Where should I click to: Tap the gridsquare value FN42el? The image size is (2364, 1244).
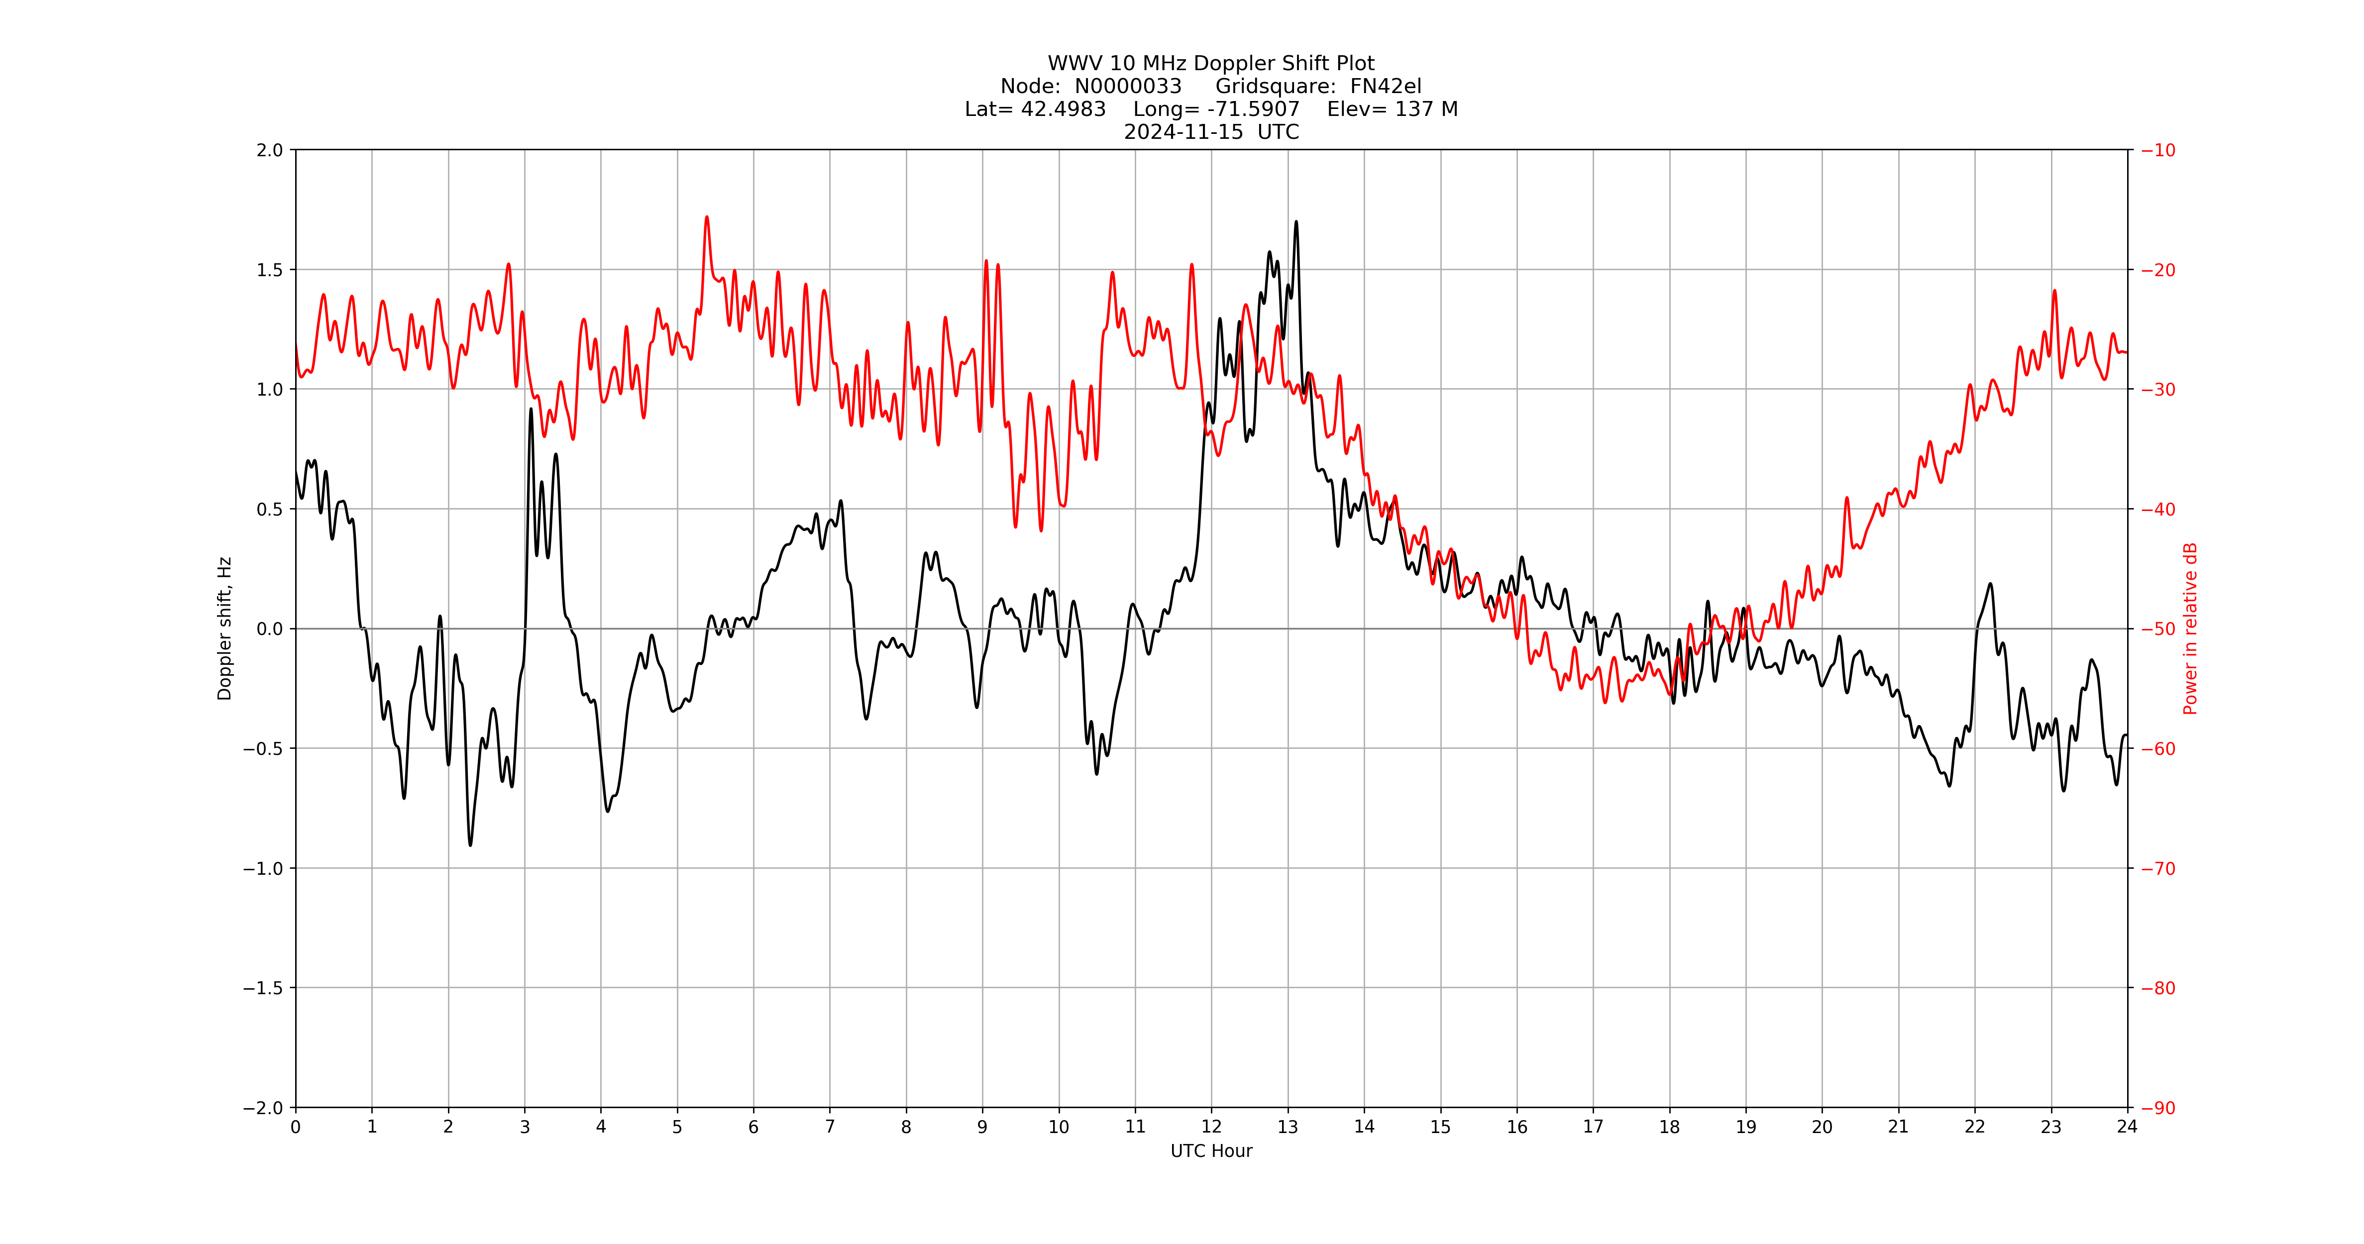tap(1385, 86)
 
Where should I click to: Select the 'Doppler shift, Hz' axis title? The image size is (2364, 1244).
tap(225, 628)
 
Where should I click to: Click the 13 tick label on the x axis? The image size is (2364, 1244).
tap(1288, 1127)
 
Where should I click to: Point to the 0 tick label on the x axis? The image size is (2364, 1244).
tap(296, 1127)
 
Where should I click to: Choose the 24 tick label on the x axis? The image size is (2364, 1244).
tap(2127, 1127)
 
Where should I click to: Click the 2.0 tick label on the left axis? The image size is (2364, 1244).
tap(270, 150)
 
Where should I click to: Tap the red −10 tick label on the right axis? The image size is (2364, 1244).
tap(2157, 150)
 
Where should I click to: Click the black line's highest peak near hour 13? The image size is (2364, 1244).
tap(1296, 222)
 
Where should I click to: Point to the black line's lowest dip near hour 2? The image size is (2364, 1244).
tap(471, 844)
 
